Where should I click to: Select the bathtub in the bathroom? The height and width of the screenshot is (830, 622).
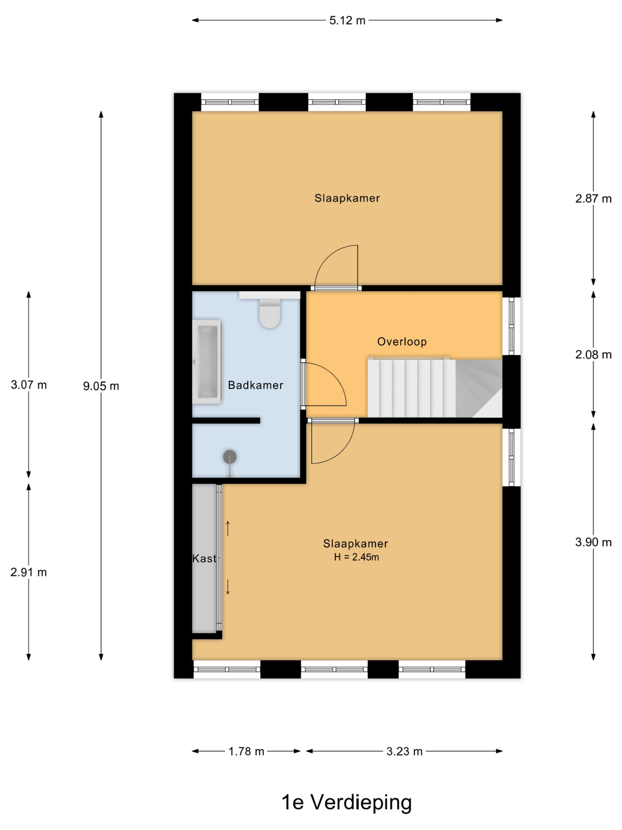pyautogui.click(x=207, y=362)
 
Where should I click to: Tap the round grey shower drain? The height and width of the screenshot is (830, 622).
pyautogui.click(x=230, y=456)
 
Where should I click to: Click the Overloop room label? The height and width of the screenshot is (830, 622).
pyautogui.click(x=401, y=341)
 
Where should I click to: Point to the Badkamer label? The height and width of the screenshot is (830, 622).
pyautogui.click(x=255, y=385)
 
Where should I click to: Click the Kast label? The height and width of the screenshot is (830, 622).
pyautogui.click(x=204, y=558)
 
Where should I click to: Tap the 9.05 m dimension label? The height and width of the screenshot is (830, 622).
pyautogui.click(x=101, y=386)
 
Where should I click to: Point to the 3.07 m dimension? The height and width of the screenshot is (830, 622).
pyautogui.click(x=29, y=385)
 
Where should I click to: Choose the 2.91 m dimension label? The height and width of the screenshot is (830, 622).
pyautogui.click(x=29, y=572)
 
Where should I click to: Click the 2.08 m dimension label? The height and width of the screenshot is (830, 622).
pyautogui.click(x=593, y=354)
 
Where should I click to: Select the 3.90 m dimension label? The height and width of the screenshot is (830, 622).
pyautogui.click(x=593, y=542)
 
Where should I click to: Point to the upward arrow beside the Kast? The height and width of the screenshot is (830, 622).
pyautogui.click(x=227, y=528)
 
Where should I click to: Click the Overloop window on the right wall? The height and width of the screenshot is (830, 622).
pyautogui.click(x=512, y=326)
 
